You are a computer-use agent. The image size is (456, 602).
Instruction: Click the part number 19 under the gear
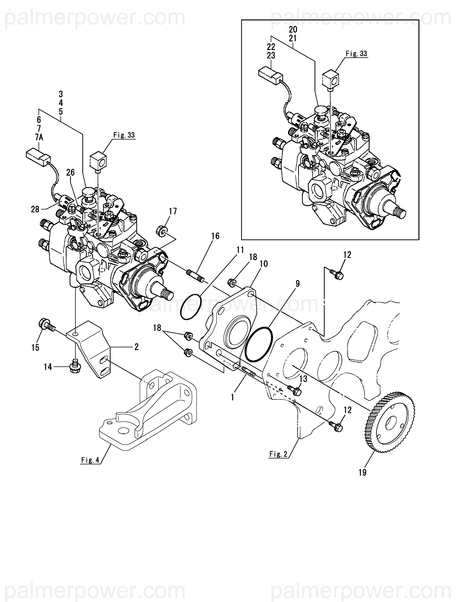[362, 472]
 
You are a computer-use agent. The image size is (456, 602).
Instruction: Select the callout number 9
[298, 284]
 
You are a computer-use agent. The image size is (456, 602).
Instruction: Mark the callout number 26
[70, 172]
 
